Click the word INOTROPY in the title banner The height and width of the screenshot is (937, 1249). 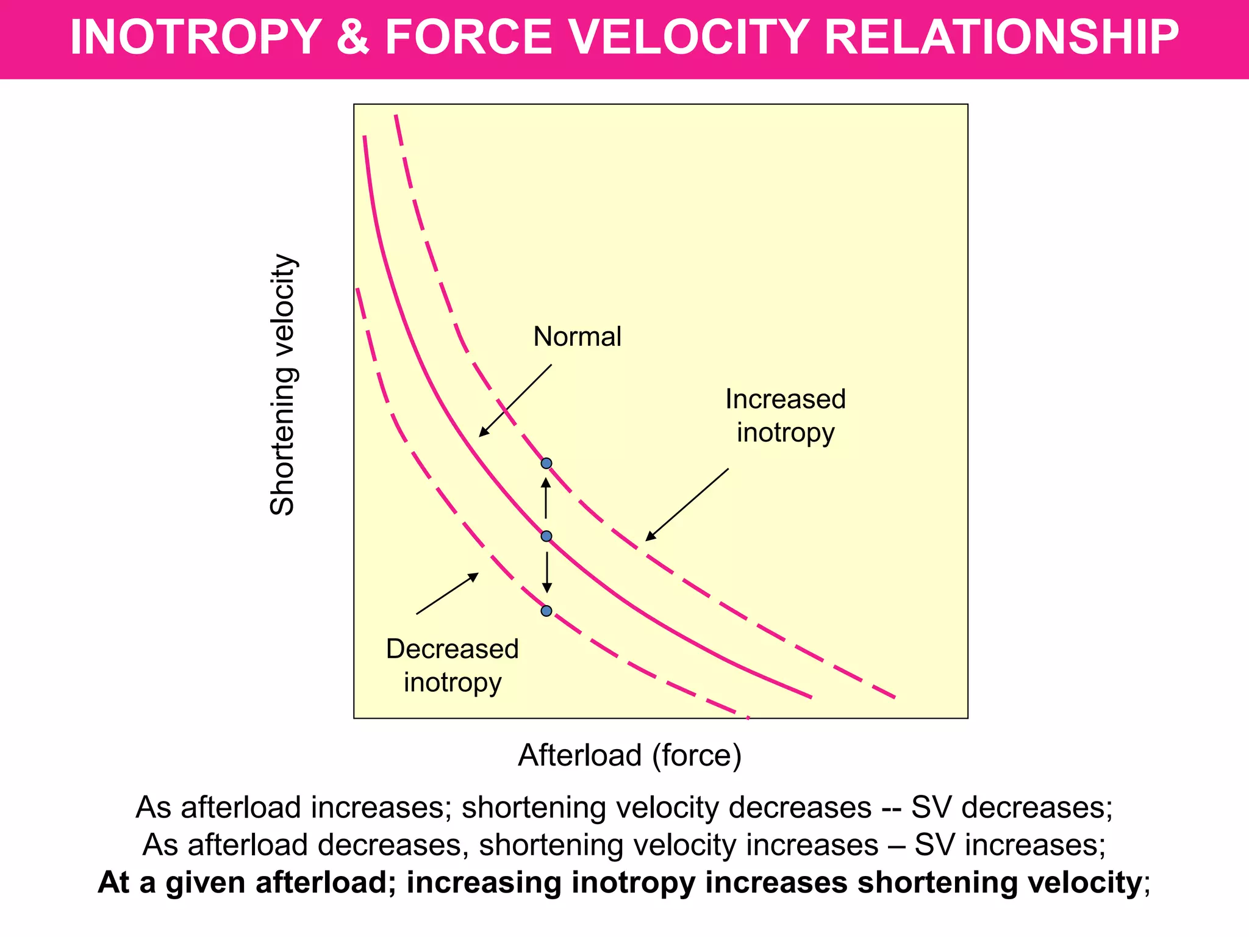point(195,38)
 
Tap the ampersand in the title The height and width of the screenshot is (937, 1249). point(353,38)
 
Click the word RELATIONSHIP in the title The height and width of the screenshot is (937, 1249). point(1001,38)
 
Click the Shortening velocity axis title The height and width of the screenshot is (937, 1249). point(283,385)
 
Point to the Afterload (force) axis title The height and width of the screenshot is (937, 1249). point(629,755)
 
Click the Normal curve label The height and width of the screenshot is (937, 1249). point(577,337)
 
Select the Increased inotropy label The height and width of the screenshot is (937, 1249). point(785,415)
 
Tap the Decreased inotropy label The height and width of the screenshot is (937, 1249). point(452,665)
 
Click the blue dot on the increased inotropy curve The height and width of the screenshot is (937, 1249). point(546,464)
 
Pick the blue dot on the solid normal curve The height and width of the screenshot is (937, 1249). point(546,536)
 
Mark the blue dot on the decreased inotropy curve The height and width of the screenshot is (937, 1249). point(546,611)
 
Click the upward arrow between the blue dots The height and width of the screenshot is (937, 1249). point(546,498)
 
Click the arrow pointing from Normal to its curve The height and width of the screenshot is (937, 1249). point(515,401)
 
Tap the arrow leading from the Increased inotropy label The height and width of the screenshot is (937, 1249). point(687,504)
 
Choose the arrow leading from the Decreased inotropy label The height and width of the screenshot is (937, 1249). point(447,594)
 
